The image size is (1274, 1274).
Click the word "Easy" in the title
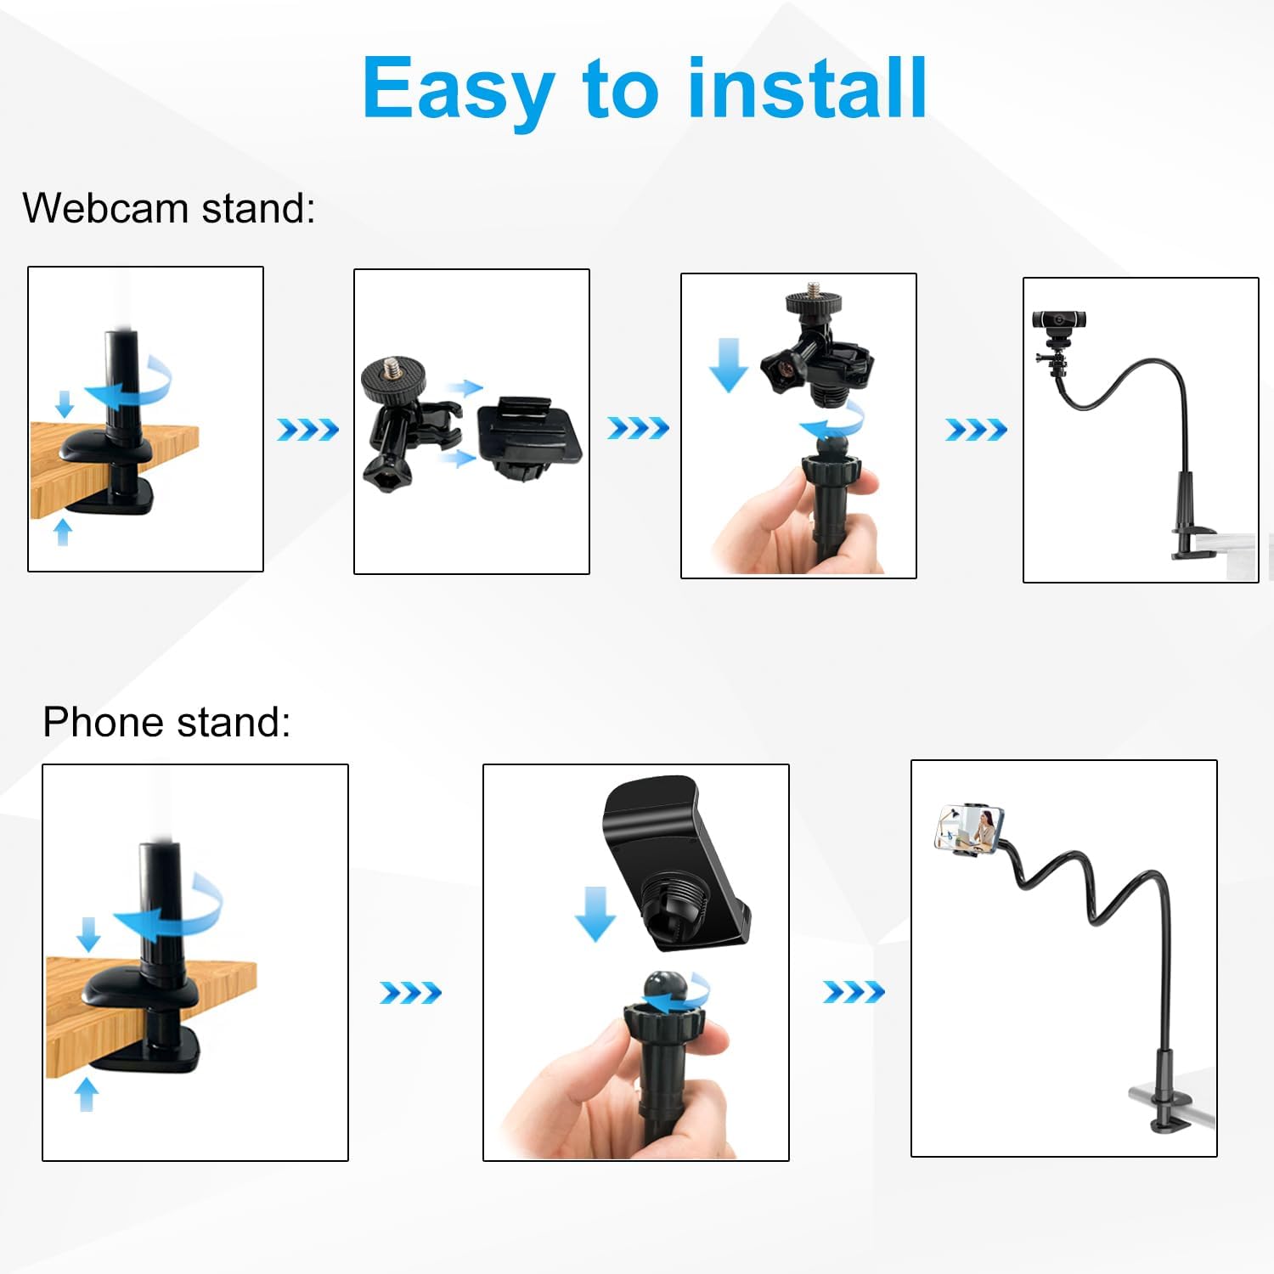pyautogui.click(x=459, y=89)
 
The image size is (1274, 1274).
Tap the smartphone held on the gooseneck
pyautogui.click(x=969, y=828)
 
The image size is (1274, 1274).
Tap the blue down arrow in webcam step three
pyautogui.click(x=728, y=364)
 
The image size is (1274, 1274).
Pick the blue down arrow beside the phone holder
pyautogui.click(x=595, y=913)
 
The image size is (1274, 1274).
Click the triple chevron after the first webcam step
pyautogui.click(x=307, y=430)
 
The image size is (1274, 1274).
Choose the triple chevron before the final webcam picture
pyautogui.click(x=976, y=430)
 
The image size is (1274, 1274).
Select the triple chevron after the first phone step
pyautogui.click(x=410, y=992)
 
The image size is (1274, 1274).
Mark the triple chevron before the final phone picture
pyautogui.click(x=854, y=991)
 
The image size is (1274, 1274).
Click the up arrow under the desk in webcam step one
pyautogui.click(x=63, y=533)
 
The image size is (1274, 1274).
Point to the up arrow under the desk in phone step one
pyautogui.click(x=87, y=1094)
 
